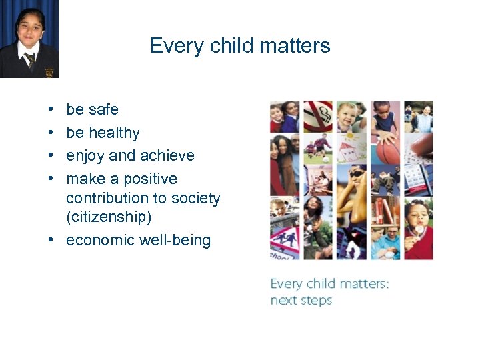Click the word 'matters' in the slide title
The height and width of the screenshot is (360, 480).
click(x=299, y=45)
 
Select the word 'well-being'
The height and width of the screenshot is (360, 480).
click(x=175, y=240)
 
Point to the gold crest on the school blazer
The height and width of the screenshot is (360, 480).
click(x=49, y=73)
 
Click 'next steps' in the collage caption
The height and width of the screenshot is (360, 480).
click(x=301, y=300)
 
